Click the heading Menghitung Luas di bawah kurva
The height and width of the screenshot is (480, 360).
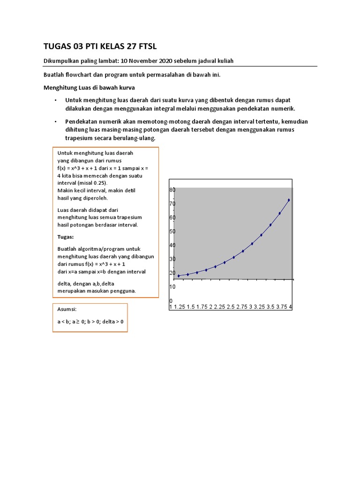(x=89, y=87)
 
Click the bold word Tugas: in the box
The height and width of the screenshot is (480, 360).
(x=66, y=237)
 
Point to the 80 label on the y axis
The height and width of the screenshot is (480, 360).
(x=172, y=190)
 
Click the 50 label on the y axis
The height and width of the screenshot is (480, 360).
(x=172, y=232)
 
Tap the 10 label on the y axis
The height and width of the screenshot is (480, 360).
(x=172, y=286)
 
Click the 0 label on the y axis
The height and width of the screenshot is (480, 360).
(x=171, y=300)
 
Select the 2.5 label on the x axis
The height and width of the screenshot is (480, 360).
(x=231, y=307)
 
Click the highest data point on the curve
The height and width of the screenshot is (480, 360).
(x=289, y=200)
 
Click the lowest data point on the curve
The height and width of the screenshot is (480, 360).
(x=179, y=276)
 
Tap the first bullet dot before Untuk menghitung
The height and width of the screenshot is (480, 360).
(x=55, y=101)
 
